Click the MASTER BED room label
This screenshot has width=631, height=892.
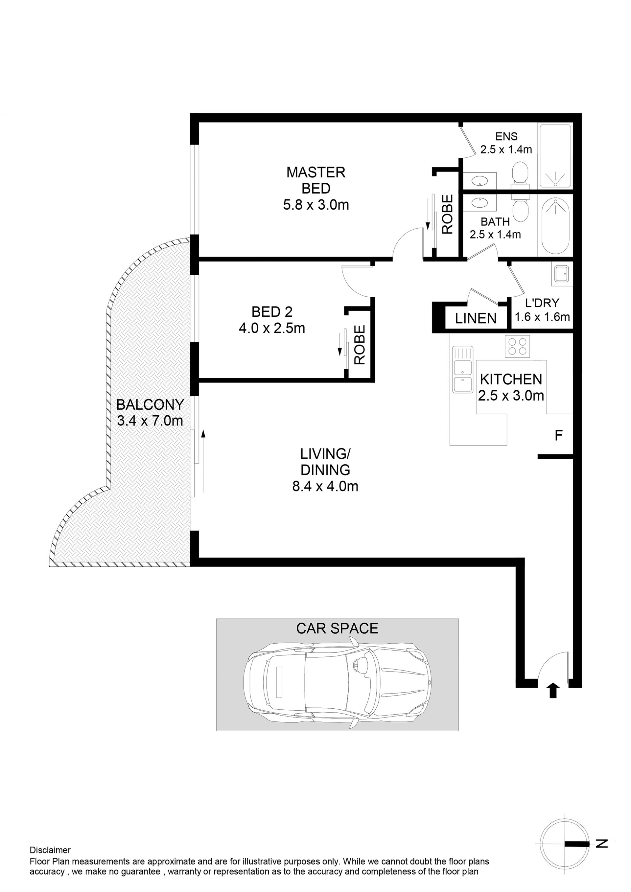[316, 180]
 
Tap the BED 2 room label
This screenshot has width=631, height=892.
[272, 311]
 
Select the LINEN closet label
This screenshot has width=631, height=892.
[476, 319]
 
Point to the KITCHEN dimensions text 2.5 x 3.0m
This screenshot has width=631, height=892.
[511, 396]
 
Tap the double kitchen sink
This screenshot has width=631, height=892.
[463, 369]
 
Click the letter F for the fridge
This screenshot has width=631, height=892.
[558, 436]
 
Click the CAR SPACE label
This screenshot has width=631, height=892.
[337, 628]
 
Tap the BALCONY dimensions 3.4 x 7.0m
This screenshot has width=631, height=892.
[150, 421]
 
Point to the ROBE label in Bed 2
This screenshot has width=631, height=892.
[360, 345]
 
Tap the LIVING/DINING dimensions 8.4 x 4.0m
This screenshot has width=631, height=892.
[325, 486]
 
